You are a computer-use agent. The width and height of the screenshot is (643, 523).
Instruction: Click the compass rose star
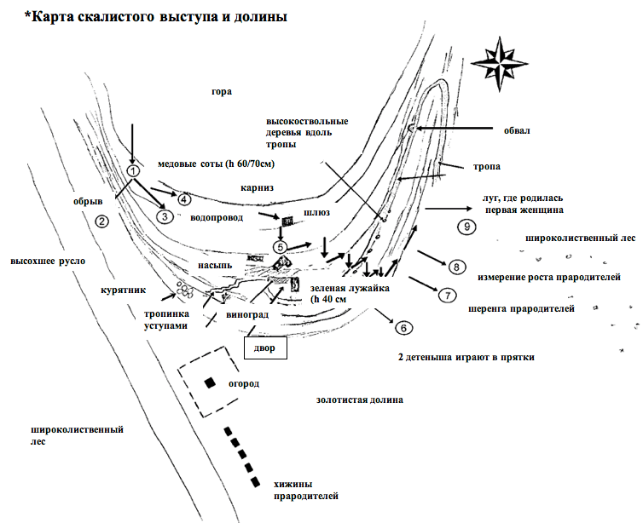pos(499,64)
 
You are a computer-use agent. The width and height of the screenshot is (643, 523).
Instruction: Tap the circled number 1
pos(133,170)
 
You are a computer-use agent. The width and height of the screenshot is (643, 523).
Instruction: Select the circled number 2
pos(101,221)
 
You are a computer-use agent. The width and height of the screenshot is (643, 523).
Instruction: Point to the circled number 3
pos(165,216)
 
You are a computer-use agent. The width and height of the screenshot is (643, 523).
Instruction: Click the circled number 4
pos(184,199)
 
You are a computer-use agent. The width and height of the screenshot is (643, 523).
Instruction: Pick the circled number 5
pos(281,247)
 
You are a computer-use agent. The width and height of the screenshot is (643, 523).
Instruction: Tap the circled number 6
pos(404,328)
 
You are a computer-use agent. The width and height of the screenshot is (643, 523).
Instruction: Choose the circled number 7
pos(448,296)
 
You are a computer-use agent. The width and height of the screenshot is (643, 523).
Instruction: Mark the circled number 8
pos(456,267)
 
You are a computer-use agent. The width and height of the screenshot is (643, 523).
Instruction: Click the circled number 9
pos(467,227)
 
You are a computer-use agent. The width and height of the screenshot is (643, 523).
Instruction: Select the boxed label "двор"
pos(265,348)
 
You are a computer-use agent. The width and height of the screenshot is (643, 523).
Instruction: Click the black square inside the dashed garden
pos(211,383)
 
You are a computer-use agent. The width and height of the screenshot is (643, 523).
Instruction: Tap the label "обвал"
pos(517,130)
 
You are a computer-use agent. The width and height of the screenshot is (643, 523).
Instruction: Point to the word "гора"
pos(222,91)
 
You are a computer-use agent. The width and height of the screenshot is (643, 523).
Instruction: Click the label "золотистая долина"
pos(359,399)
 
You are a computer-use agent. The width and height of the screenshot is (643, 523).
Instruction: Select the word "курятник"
pos(123,290)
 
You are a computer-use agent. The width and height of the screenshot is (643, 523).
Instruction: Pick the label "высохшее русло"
pos(48,261)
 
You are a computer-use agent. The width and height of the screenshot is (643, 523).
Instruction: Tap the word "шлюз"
pos(316,213)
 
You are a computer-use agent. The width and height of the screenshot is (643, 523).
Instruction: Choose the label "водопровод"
pos(217,217)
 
